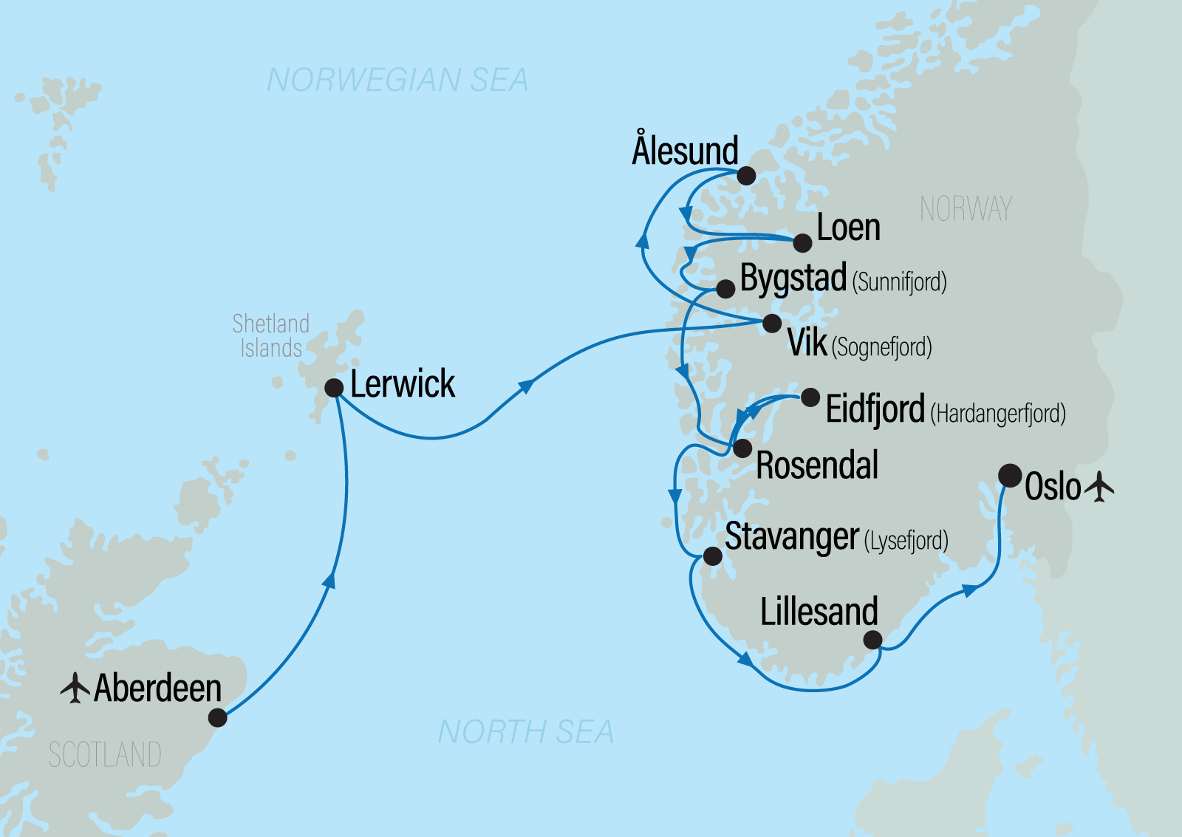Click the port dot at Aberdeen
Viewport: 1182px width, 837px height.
click(217, 717)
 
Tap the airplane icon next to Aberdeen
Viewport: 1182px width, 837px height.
click(75, 688)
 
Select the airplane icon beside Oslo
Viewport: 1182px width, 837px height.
click(1100, 487)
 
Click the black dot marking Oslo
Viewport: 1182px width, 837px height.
click(1010, 475)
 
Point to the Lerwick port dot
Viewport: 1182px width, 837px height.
click(334, 388)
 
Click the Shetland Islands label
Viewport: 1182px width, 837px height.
click(270, 335)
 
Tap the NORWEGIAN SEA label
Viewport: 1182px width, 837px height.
click(397, 80)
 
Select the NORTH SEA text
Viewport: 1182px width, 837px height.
click(525, 732)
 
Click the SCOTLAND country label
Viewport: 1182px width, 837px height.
click(105, 755)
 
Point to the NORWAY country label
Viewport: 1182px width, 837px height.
click(966, 209)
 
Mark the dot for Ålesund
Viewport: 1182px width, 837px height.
click(746, 175)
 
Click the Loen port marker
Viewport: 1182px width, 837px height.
click(803, 242)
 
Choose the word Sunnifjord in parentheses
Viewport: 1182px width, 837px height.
click(899, 282)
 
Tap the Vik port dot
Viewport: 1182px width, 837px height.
click(772, 323)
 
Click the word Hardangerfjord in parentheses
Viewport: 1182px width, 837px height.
click(997, 413)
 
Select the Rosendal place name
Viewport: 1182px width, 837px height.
click(817, 465)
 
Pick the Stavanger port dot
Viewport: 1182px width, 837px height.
click(712, 556)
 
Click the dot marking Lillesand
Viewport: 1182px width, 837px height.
click(872, 639)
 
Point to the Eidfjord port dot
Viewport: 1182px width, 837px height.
click(810, 397)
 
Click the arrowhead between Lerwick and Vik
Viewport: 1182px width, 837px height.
click(527, 386)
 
